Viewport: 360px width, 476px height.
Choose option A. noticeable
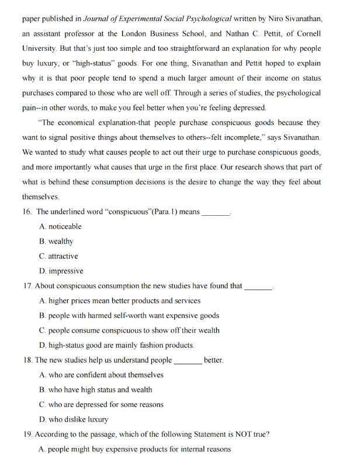coord(60,226)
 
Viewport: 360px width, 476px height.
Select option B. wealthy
coord(56,241)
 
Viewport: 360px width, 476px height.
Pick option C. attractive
coord(58,256)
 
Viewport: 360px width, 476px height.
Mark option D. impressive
coord(61,271)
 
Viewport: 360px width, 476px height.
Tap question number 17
coord(27,286)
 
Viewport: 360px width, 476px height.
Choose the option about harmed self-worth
coord(129,315)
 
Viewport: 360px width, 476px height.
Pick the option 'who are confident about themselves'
coord(101,375)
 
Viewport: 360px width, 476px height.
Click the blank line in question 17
coord(258,287)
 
